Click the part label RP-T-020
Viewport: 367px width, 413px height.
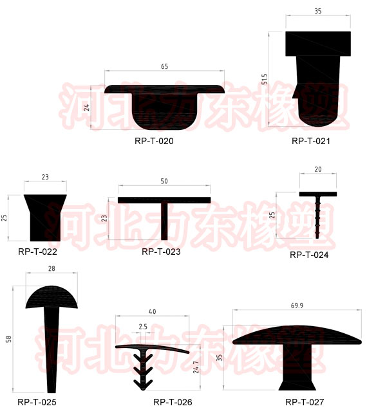[x=154, y=141]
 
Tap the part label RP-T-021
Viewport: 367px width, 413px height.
[x=311, y=141]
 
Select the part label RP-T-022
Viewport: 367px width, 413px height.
[x=37, y=252]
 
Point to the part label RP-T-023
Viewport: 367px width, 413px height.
[x=161, y=252]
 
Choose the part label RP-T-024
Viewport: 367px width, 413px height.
[x=309, y=255]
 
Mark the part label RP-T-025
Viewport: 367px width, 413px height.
[x=37, y=402]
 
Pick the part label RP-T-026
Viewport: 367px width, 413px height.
[x=173, y=402]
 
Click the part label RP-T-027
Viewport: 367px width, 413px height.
[x=305, y=402]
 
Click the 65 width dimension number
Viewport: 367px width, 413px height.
[x=165, y=67]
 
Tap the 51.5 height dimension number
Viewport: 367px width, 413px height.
[x=265, y=79]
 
